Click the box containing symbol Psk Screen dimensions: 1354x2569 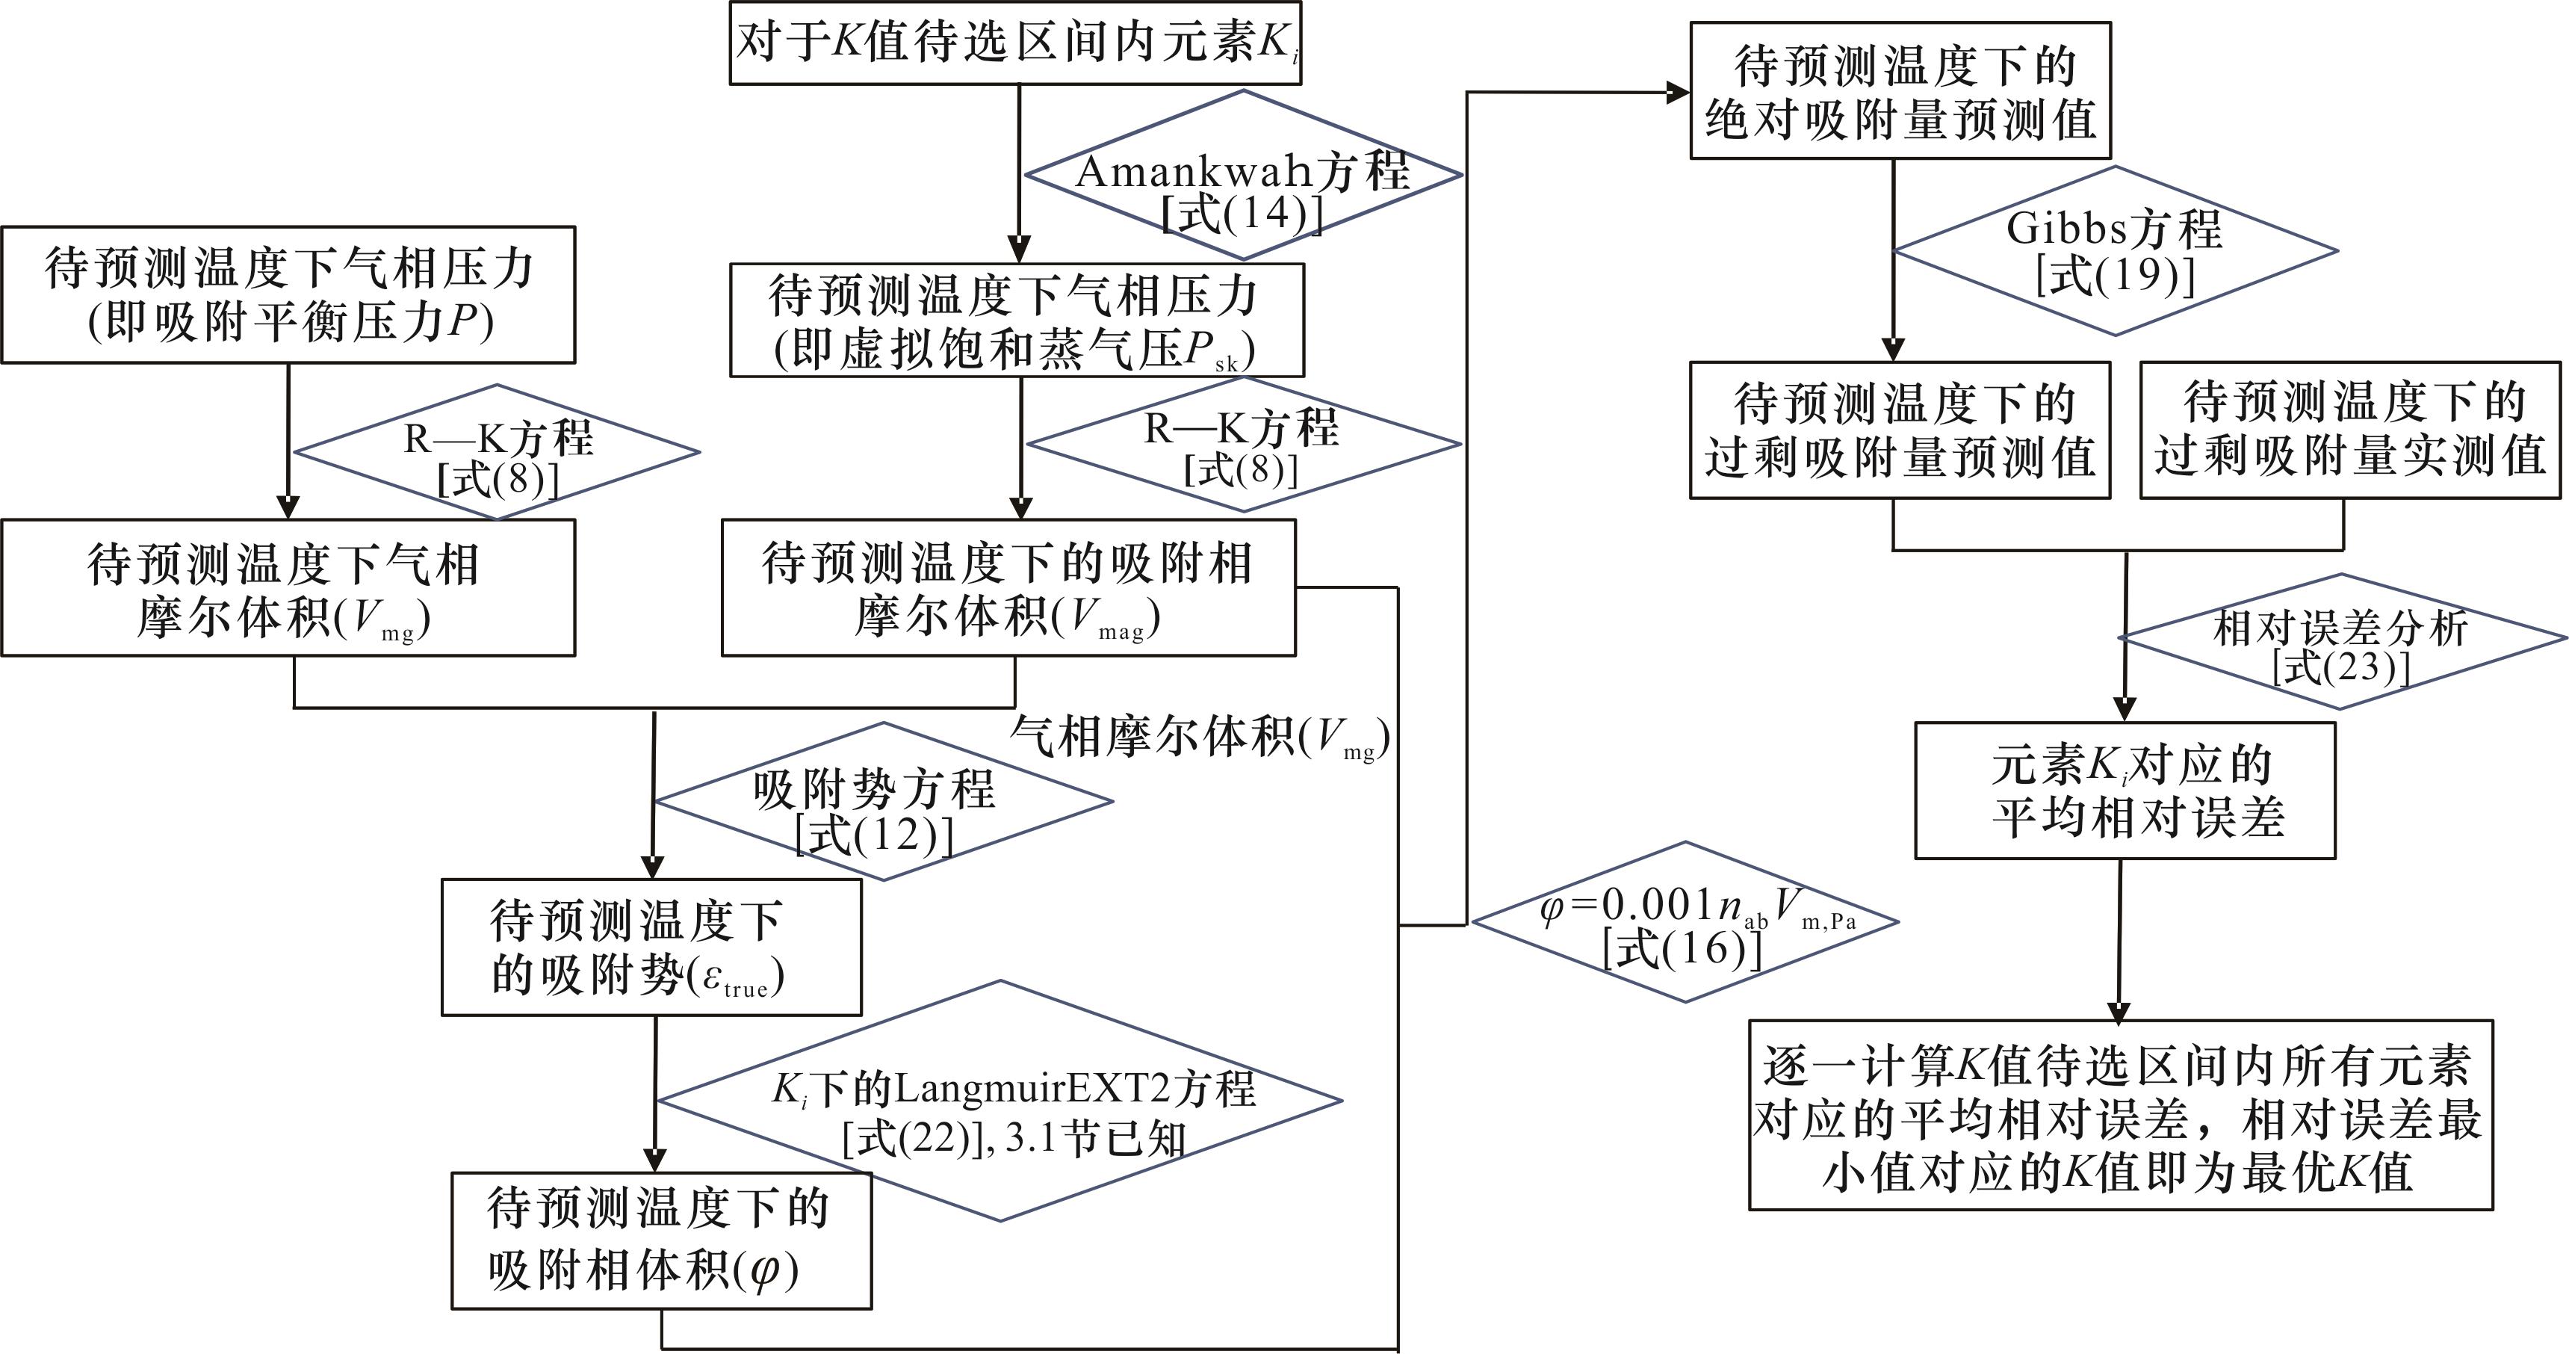pos(1016,321)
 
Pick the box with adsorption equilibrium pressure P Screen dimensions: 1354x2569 pos(288,294)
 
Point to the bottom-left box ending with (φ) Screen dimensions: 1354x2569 pos(661,1240)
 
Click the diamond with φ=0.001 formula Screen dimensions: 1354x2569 pos(1685,922)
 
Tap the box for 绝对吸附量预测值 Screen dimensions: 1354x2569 pos(1900,91)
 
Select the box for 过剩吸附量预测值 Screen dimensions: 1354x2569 pos(1900,430)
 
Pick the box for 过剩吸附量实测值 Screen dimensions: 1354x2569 pos(2349,430)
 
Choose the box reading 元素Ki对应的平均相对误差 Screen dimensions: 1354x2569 pos(2125,791)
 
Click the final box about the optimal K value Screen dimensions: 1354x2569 pos(2120,1115)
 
